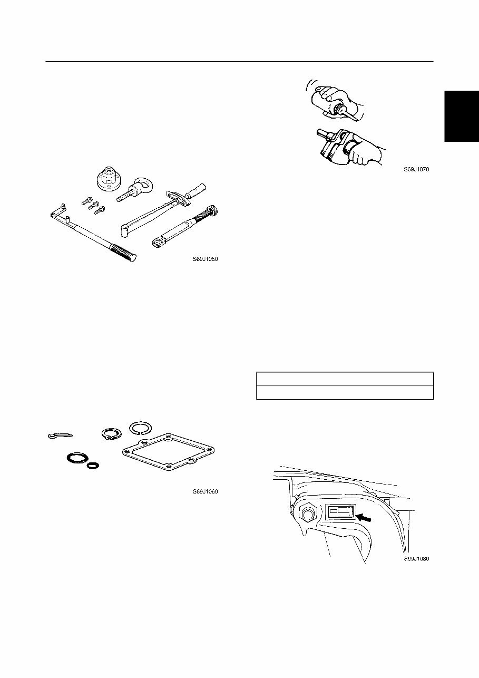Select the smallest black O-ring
point(93,466)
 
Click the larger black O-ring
point(77,457)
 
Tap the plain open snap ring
point(141,428)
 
